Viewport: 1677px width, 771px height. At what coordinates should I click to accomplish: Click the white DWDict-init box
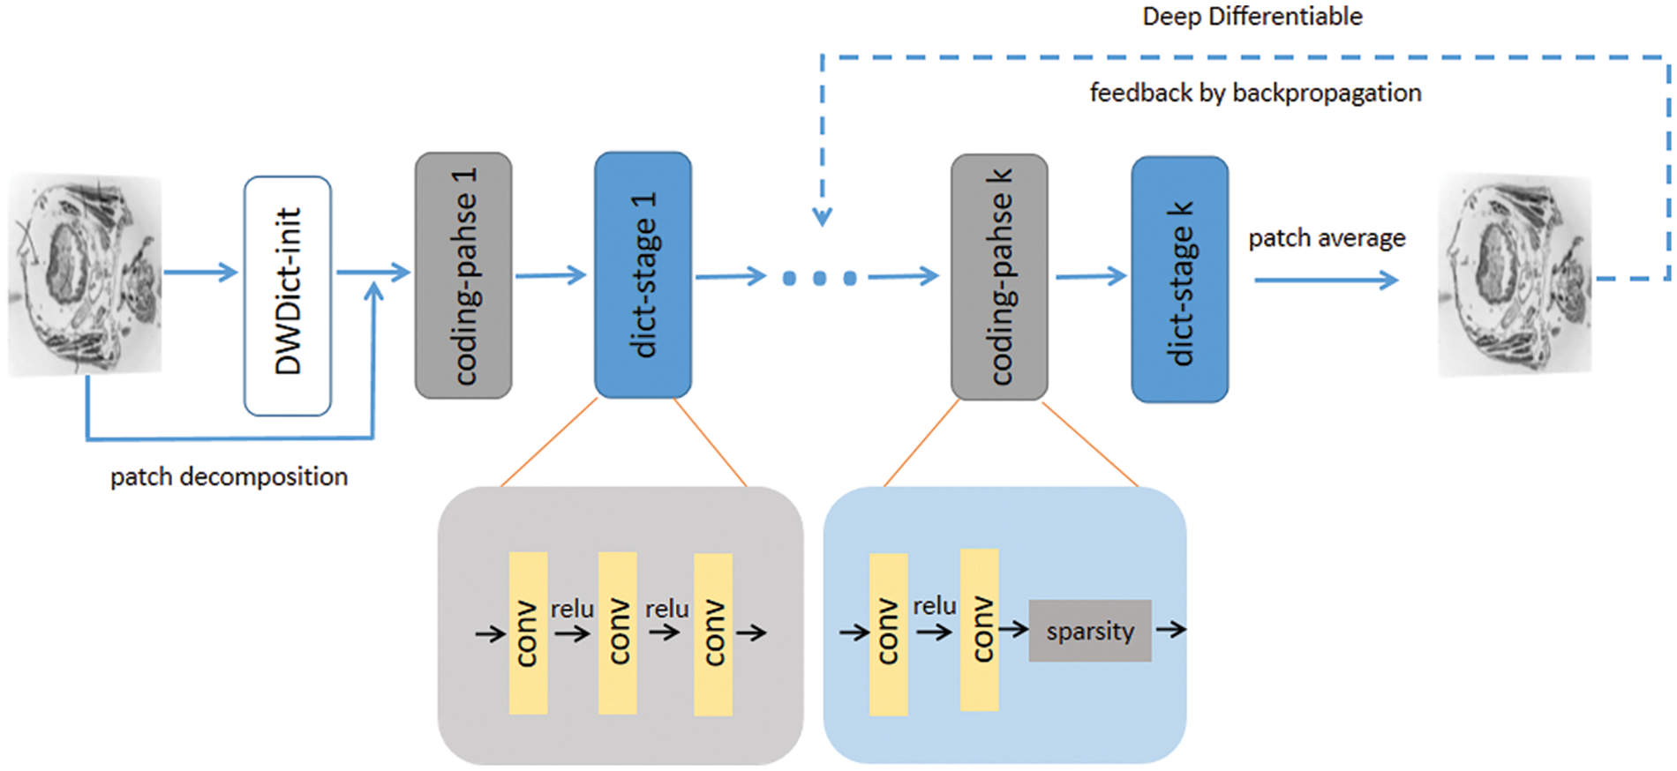[x=288, y=295]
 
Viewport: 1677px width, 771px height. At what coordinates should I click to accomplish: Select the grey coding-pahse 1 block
[x=463, y=275]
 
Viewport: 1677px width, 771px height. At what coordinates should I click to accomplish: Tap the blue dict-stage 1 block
[x=643, y=275]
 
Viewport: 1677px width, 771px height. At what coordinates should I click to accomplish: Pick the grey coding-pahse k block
[x=999, y=277]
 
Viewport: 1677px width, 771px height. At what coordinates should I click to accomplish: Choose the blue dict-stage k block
[x=1179, y=280]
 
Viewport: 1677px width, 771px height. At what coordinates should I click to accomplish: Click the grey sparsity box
[x=1090, y=631]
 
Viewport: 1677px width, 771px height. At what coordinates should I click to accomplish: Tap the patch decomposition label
[x=229, y=477]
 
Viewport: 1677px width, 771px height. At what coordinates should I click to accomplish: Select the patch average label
[x=1327, y=238]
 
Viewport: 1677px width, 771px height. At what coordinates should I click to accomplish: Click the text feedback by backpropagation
[x=1255, y=93]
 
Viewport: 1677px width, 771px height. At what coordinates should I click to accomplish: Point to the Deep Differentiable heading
[x=1252, y=17]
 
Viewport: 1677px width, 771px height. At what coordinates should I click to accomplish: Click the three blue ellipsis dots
[x=819, y=279]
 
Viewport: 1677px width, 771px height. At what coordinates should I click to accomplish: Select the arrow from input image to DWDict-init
[x=201, y=272]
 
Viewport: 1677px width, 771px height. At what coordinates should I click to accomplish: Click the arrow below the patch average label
[x=1326, y=281]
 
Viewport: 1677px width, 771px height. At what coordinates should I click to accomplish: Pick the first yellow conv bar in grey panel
[x=528, y=633]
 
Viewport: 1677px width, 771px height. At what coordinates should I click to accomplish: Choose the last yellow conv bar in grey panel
[x=712, y=633]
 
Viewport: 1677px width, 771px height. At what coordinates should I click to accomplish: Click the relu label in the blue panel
[x=934, y=606]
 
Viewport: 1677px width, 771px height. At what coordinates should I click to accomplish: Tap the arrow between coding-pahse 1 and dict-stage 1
[x=551, y=275]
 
